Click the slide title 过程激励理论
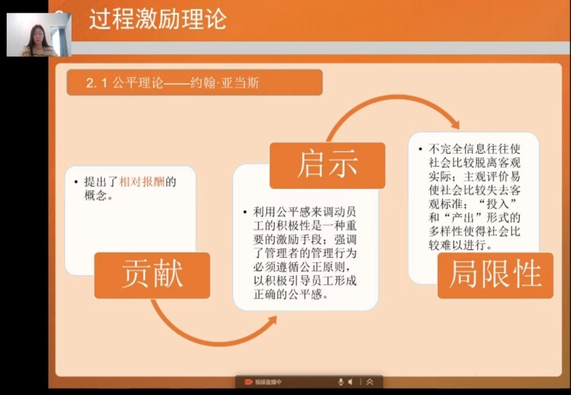click(158, 19)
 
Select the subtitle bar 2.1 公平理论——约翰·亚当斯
click(194, 83)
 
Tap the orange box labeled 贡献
click(152, 275)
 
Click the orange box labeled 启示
click(328, 165)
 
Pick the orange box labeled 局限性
click(495, 275)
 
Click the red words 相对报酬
click(142, 182)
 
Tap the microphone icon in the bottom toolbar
click(340, 382)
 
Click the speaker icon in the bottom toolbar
click(350, 382)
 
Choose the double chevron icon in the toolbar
click(370, 382)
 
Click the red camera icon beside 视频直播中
click(248, 382)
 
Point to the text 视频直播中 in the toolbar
click(268, 382)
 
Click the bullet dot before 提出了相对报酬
click(76, 182)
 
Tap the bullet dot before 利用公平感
click(245, 212)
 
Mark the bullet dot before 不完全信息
click(420, 149)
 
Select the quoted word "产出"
click(465, 218)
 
